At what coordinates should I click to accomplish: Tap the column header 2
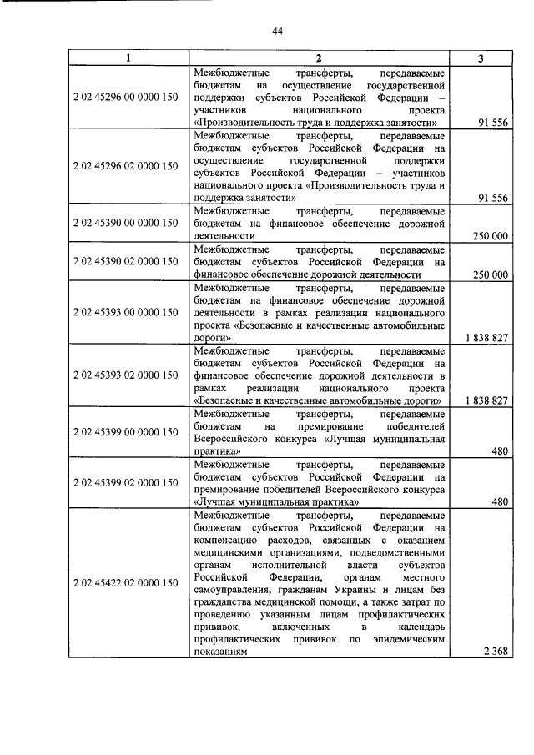tap(318, 58)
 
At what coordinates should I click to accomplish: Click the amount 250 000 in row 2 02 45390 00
tap(490, 236)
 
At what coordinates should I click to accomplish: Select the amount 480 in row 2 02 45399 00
tap(500, 451)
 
